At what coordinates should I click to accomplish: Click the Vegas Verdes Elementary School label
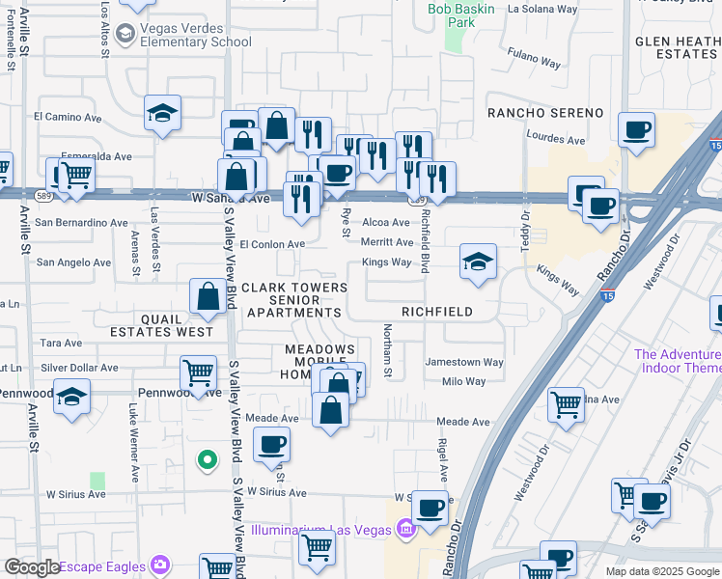tap(195, 35)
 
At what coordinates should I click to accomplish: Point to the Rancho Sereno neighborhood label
tap(545, 113)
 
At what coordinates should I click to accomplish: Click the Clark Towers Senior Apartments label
tap(293, 300)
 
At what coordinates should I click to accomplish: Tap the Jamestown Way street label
tap(464, 363)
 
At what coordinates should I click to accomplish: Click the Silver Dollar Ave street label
tap(79, 368)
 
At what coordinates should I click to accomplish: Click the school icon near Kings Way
tap(477, 262)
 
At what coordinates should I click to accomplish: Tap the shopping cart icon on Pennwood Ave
tap(198, 373)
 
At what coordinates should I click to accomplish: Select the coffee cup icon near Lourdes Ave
tap(636, 130)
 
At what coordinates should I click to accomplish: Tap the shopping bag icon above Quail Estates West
tap(208, 297)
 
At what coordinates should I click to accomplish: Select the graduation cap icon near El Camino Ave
tap(162, 114)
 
